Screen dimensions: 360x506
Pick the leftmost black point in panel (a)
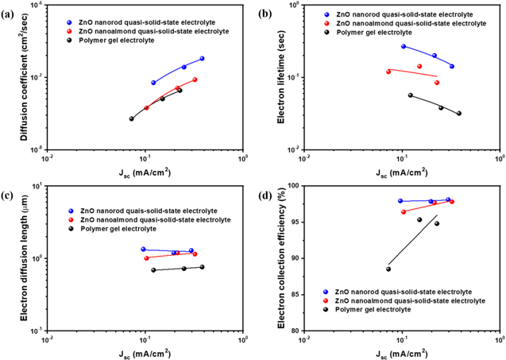coord(132,118)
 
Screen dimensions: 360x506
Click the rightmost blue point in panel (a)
coord(203,59)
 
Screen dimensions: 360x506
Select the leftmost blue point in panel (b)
coord(404,46)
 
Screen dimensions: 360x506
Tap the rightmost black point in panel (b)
coord(459,113)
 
